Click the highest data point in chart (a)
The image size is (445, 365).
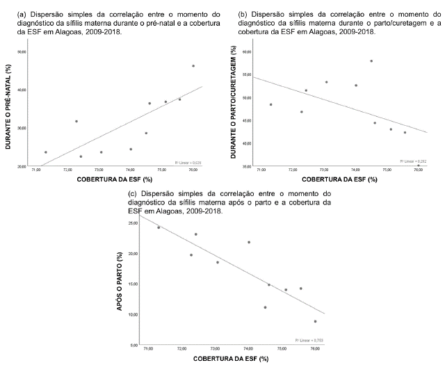pos(193,66)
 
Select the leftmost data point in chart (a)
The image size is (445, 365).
pos(46,152)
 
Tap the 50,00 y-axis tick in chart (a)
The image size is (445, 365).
pos(21,52)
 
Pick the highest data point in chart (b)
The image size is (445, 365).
pos(371,61)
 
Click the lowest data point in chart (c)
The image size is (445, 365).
pos(315,321)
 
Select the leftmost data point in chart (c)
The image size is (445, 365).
pos(159,227)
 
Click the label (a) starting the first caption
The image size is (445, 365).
pos(9,13)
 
